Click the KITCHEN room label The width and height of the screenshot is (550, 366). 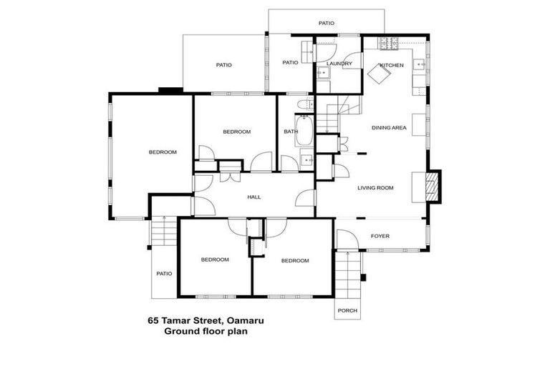[x=392, y=65]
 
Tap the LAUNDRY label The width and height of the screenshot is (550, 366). [x=339, y=64]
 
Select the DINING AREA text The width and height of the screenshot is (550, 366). [x=389, y=128]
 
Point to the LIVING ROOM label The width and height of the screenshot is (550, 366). [x=376, y=188]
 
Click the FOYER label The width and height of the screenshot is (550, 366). [x=380, y=235]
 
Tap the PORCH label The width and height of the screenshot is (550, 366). [x=347, y=310]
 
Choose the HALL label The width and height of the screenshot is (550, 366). [x=254, y=197]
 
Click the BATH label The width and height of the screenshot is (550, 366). [x=291, y=132]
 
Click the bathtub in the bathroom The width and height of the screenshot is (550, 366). [x=304, y=132]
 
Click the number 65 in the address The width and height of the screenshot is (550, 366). [x=152, y=321]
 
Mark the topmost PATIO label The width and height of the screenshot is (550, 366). [x=326, y=24]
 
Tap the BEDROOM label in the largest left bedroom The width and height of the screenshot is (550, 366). [x=163, y=152]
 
